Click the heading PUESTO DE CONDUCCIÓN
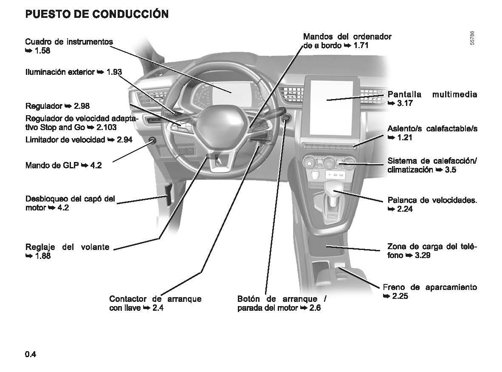97,14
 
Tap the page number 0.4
31,354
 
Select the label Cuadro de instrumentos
69,42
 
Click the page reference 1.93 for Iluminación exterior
114,72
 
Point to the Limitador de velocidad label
65,140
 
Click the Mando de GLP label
52,165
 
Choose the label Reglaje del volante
67,247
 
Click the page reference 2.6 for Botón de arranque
315,308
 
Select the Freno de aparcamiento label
429,287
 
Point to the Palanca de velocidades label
432,200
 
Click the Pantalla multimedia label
432,94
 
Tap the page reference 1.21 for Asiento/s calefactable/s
404,138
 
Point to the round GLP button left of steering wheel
152,141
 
